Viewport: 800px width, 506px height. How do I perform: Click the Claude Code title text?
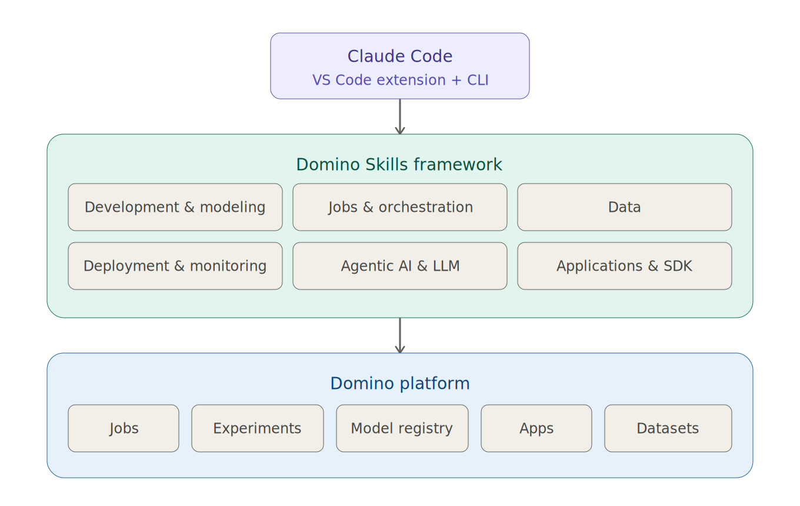click(400, 56)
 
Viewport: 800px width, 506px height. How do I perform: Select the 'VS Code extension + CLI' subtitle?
click(400, 80)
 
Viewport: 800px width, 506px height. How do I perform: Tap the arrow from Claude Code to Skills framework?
click(400, 117)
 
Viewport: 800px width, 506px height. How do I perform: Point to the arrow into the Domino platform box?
click(400, 336)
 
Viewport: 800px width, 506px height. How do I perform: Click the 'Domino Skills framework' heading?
click(399, 165)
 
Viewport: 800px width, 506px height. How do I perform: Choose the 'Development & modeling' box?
click(175, 207)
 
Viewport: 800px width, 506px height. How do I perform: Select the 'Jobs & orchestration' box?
click(400, 207)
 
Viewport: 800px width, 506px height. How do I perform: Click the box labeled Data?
click(625, 207)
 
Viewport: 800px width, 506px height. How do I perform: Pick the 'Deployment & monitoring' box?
click(175, 266)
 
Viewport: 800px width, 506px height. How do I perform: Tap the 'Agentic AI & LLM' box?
click(400, 266)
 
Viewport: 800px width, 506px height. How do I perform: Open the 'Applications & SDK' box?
click(625, 266)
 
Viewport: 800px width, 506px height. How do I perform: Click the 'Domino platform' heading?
click(400, 384)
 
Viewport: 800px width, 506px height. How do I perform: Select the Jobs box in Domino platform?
click(124, 428)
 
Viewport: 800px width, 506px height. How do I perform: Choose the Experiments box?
click(258, 428)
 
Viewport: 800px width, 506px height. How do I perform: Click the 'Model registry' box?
click(402, 428)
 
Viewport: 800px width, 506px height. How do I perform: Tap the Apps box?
click(536, 428)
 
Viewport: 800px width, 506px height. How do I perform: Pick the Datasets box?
click(668, 428)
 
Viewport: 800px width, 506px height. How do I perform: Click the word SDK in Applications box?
click(678, 266)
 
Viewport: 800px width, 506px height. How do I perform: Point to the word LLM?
click(446, 266)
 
